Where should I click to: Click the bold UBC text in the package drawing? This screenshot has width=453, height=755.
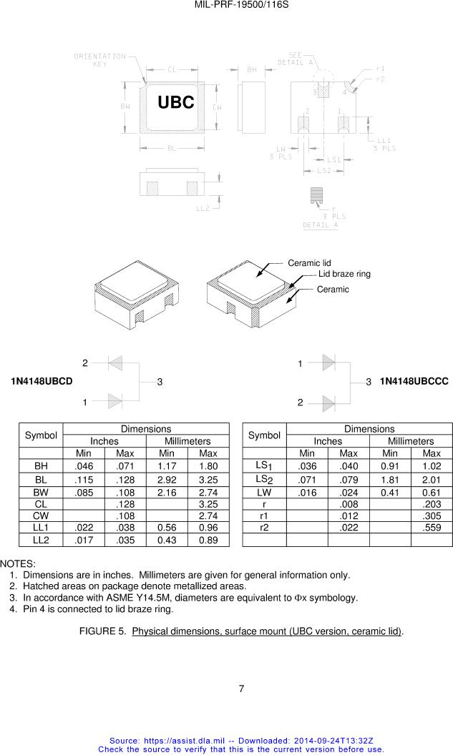(176, 102)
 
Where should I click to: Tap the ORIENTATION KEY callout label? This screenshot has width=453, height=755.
(99, 60)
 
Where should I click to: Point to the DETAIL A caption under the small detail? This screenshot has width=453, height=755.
(321, 225)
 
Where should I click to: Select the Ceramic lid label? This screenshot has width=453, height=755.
(309, 263)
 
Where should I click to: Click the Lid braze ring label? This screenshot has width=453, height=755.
(344, 274)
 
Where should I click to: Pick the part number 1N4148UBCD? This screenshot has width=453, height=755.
(42, 381)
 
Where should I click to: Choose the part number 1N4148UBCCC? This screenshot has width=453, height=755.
(414, 381)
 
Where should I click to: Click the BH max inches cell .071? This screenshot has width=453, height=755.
(125, 466)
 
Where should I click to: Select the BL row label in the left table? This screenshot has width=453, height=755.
(41, 480)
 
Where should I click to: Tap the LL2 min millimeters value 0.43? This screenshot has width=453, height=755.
(167, 541)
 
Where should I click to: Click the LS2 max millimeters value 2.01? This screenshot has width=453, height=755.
(432, 480)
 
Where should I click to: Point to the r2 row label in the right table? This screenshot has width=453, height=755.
(264, 528)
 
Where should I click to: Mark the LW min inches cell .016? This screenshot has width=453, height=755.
(307, 493)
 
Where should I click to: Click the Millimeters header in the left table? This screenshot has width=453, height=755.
(187, 441)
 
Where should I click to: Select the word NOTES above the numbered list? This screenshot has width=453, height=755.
(18, 564)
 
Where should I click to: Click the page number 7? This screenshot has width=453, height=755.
(241, 689)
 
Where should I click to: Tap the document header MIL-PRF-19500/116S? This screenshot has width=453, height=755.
(241, 5)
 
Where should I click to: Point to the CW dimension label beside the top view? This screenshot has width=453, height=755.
(218, 107)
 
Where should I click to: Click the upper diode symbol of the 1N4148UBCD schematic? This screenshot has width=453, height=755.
(115, 363)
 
